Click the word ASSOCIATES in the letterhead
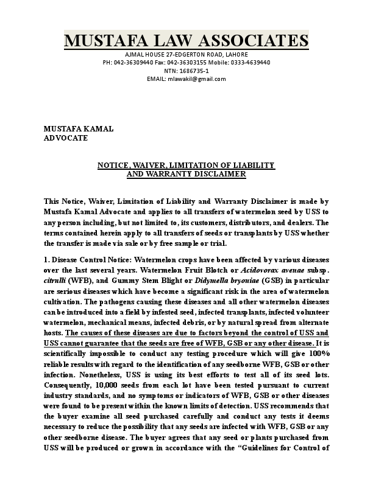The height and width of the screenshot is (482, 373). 247,41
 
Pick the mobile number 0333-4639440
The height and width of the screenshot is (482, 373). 250,63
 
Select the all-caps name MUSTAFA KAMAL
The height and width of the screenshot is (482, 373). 78,129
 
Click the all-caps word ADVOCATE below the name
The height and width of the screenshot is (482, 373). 66,138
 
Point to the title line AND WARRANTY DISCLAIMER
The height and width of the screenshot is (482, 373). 186,174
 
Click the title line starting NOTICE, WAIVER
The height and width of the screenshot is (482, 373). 186,166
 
